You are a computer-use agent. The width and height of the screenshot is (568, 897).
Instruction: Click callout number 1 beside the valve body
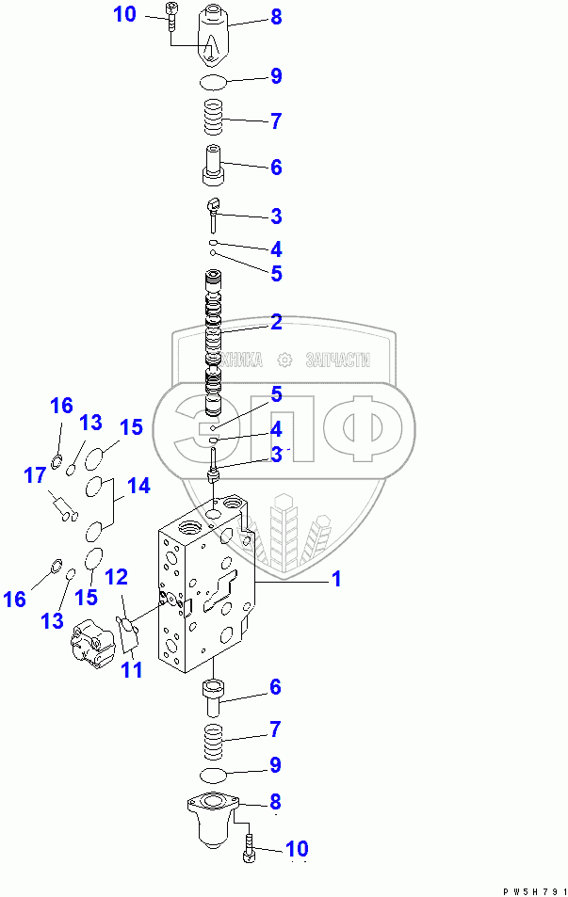[x=334, y=580]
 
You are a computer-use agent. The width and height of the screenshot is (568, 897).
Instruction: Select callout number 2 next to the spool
[x=275, y=323]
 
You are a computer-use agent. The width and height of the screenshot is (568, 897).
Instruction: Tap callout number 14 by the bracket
[x=138, y=487]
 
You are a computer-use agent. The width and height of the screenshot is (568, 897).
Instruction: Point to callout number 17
[x=35, y=475]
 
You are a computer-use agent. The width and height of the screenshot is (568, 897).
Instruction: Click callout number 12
[x=116, y=576]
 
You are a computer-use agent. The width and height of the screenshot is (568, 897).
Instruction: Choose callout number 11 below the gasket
[x=131, y=670]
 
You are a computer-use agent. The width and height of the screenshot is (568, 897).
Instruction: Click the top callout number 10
[x=124, y=14]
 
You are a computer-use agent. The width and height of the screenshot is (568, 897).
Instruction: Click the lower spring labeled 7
[x=216, y=738]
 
